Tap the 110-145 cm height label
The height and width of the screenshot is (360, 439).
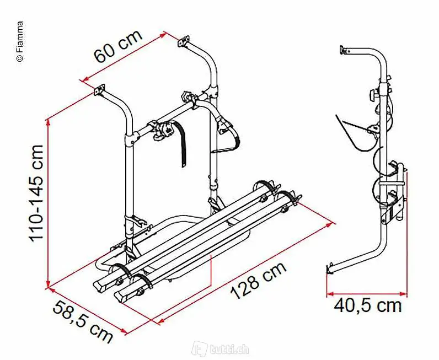click(x=36, y=193)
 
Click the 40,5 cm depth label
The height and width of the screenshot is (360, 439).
click(x=368, y=305)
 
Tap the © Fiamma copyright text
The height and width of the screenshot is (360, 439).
click(x=20, y=41)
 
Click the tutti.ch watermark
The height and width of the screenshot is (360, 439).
click(x=221, y=350)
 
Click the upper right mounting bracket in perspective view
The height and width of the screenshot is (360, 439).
click(x=184, y=41)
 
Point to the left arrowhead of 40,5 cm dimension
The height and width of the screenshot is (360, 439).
click(x=330, y=294)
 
